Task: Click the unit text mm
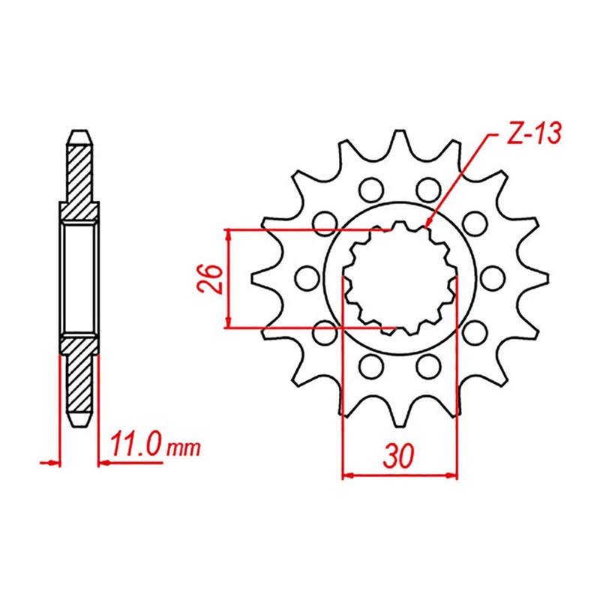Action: (184, 448)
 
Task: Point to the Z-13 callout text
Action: (524, 136)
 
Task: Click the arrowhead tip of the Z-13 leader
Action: (426, 226)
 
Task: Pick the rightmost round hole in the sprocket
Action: (492, 278)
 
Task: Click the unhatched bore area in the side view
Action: (79, 277)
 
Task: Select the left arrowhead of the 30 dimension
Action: (346, 474)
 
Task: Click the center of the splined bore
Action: (399, 278)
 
